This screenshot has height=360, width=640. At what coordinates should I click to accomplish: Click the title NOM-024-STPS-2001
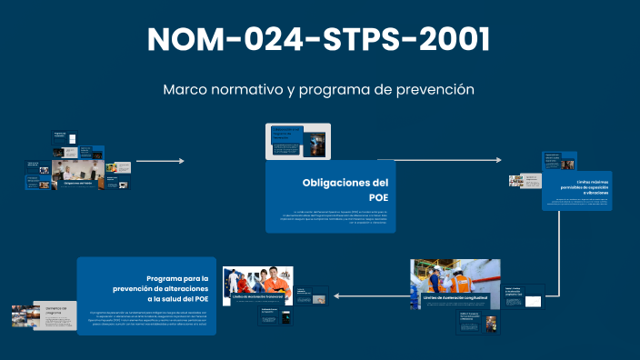[x=319, y=39]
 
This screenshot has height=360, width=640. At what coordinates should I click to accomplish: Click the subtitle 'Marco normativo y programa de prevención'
[x=319, y=90]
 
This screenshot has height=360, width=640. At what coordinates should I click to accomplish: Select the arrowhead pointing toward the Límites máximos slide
[x=498, y=160]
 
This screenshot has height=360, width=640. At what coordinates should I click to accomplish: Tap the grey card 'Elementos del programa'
[x=55, y=315]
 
